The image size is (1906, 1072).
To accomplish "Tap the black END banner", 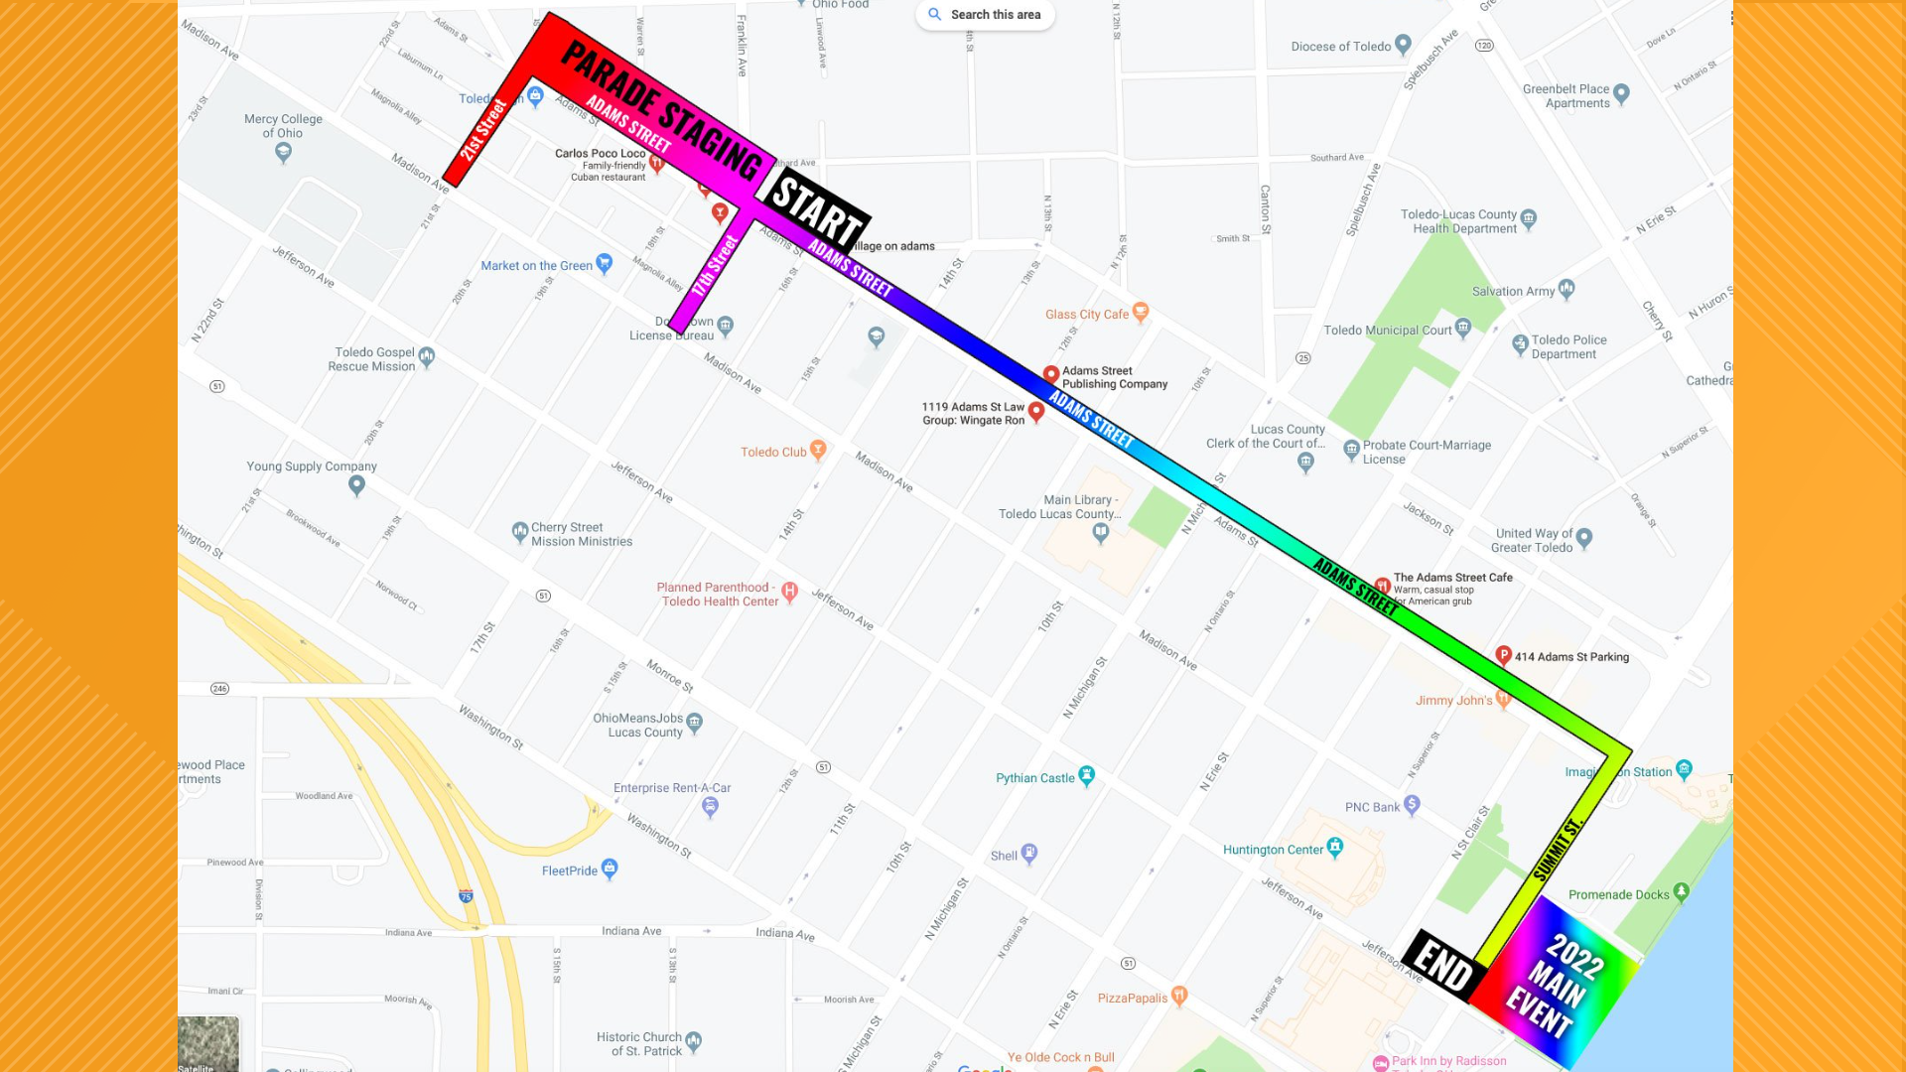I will tap(1443, 966).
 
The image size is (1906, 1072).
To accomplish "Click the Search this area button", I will tap(985, 15).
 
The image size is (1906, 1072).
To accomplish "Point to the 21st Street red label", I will tap(483, 130).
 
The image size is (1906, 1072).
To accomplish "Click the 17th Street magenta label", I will tap(716, 266).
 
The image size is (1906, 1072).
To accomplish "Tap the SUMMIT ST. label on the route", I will tap(1557, 850).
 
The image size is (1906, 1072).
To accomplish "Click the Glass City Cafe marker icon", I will tap(1141, 312).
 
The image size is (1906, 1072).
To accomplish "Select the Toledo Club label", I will tap(773, 453).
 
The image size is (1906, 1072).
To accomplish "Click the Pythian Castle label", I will tap(1035, 778).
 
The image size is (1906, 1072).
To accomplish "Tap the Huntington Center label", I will tap(1273, 850).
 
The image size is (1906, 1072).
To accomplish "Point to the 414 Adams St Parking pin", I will tap(1503, 655).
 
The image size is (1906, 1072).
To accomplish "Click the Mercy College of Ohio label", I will tap(283, 126).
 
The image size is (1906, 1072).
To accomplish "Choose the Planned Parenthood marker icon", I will tap(789, 592).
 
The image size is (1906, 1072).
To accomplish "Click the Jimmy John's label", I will tap(1453, 701).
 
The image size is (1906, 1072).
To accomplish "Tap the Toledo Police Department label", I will tap(1568, 347).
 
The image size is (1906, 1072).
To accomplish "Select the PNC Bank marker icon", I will tap(1412, 805).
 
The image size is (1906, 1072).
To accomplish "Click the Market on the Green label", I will tap(536, 266).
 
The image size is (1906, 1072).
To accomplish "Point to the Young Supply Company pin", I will tap(356, 484).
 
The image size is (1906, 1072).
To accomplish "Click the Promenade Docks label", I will tap(1618, 895).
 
